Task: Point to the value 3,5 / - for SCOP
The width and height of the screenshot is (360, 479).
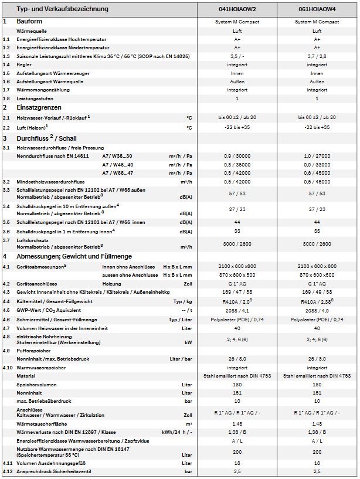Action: pyautogui.click(x=237, y=56)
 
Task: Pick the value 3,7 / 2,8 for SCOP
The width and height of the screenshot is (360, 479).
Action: pyautogui.click(x=317, y=56)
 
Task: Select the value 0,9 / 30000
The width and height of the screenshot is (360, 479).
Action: pyautogui.click(x=237, y=157)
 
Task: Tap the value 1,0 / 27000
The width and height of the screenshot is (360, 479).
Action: pyautogui.click(x=317, y=157)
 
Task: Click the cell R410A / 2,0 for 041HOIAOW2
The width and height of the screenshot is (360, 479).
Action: pyautogui.click(x=237, y=301)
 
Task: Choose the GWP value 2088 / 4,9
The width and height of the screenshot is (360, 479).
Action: pyautogui.click(x=317, y=310)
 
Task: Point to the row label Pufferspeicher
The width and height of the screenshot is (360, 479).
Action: pyautogui.click(x=35, y=350)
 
